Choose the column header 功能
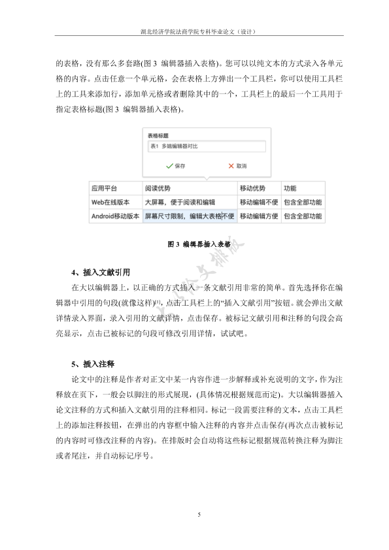click(292, 188)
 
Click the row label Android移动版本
click(115, 216)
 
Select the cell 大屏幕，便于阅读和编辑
click(180, 202)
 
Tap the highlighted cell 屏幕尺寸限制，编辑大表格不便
click(189, 216)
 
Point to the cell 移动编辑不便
click(259, 202)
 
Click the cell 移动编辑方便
click(259, 216)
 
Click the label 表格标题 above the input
click(158, 135)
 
